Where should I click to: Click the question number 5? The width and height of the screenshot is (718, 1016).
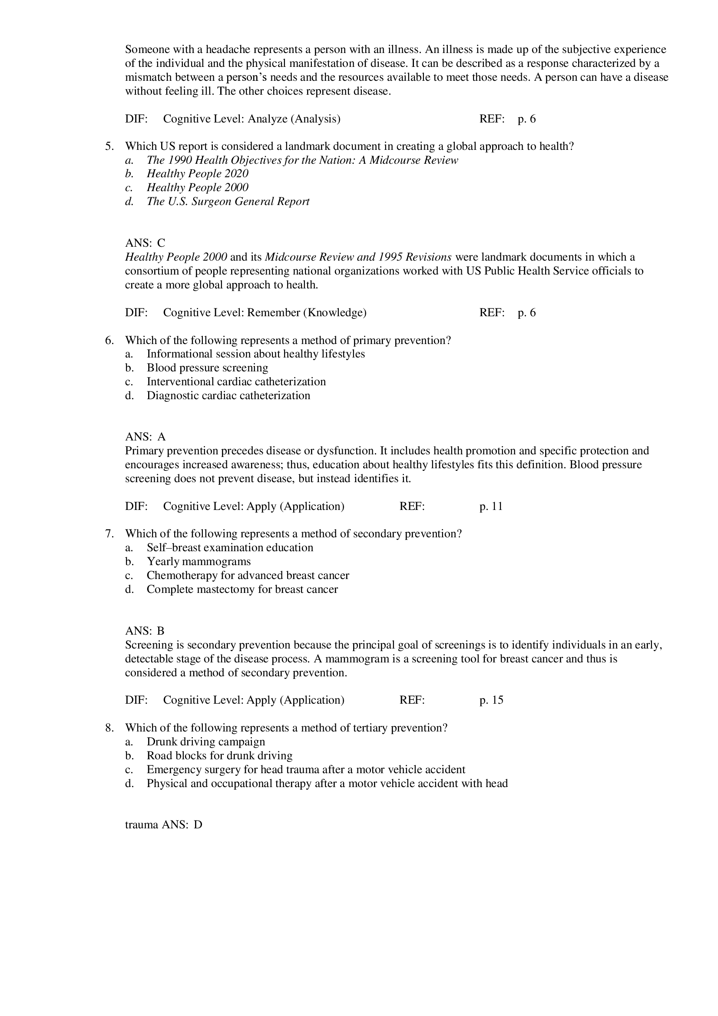point(109,146)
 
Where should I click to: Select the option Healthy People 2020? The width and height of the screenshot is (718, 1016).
point(197,174)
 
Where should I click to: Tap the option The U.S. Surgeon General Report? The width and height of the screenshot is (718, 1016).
point(228,202)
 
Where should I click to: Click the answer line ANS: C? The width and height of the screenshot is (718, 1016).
point(145,243)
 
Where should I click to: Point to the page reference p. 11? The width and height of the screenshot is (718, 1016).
point(491,506)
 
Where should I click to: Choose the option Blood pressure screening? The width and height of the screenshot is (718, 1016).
point(207,368)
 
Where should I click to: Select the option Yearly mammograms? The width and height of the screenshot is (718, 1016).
point(199,562)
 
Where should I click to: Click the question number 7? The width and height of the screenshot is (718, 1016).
point(109,534)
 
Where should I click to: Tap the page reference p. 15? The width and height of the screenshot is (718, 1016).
point(491,700)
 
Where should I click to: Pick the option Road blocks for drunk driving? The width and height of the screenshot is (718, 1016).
point(219,756)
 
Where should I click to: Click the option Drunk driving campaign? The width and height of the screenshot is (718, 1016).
point(206,741)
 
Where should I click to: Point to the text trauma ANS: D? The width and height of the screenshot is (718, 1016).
point(163,825)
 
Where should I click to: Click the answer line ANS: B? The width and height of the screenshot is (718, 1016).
point(145,631)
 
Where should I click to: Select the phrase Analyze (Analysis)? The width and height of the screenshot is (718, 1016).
point(294,119)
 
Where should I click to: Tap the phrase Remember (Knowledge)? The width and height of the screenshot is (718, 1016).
point(307,313)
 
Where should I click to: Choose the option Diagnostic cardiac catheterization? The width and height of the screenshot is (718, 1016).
point(228,396)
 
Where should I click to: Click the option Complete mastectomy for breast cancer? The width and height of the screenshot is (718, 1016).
point(242,589)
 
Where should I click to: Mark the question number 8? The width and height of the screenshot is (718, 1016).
point(109,728)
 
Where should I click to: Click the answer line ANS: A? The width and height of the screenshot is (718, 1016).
point(145,437)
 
